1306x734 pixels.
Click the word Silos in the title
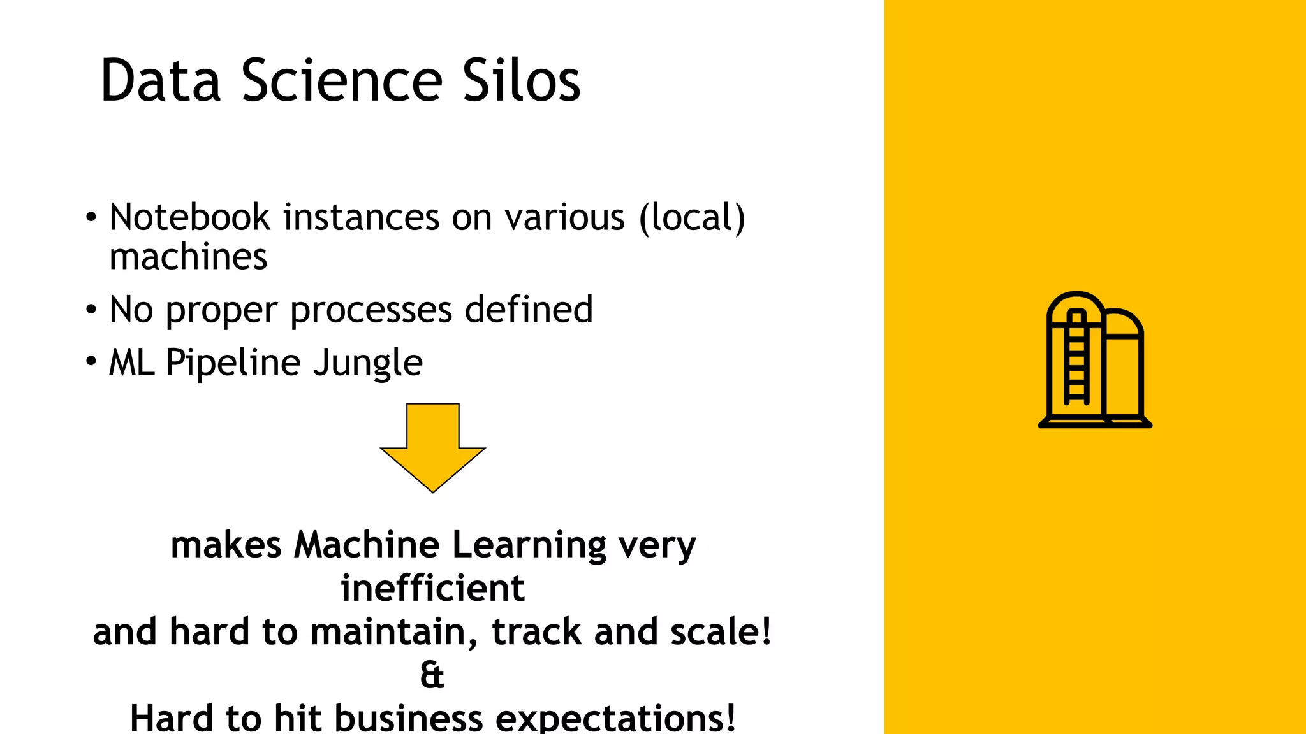[x=521, y=81]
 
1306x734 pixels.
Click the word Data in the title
[x=161, y=81]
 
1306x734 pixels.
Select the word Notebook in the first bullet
[x=189, y=217]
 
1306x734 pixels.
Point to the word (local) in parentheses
[x=692, y=217]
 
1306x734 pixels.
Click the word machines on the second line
[x=188, y=257]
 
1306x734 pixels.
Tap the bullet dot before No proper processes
[x=91, y=310]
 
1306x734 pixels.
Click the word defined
[x=529, y=310]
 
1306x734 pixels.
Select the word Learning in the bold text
[x=529, y=545]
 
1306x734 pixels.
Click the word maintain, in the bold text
[x=394, y=631]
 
